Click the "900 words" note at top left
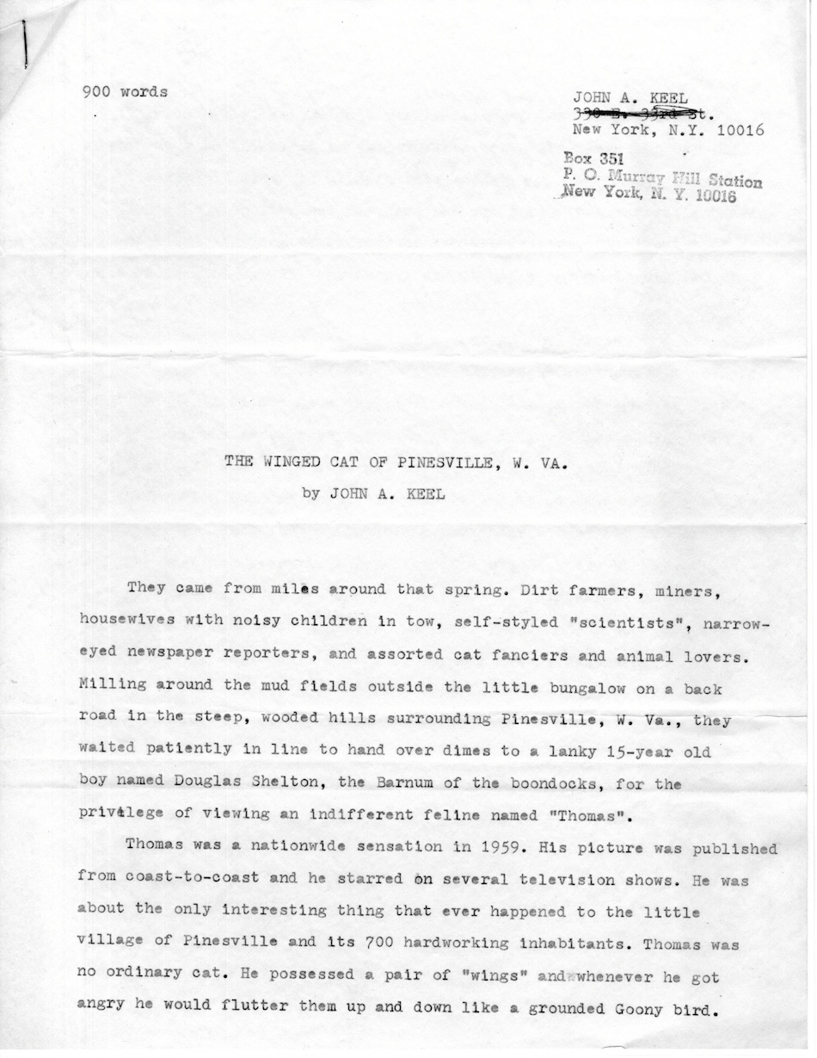pyautogui.click(x=125, y=92)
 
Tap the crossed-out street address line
pyautogui.click(x=642, y=113)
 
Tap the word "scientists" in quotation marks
pyautogui.click(x=611, y=622)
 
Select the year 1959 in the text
pyautogui.click(x=490, y=849)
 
